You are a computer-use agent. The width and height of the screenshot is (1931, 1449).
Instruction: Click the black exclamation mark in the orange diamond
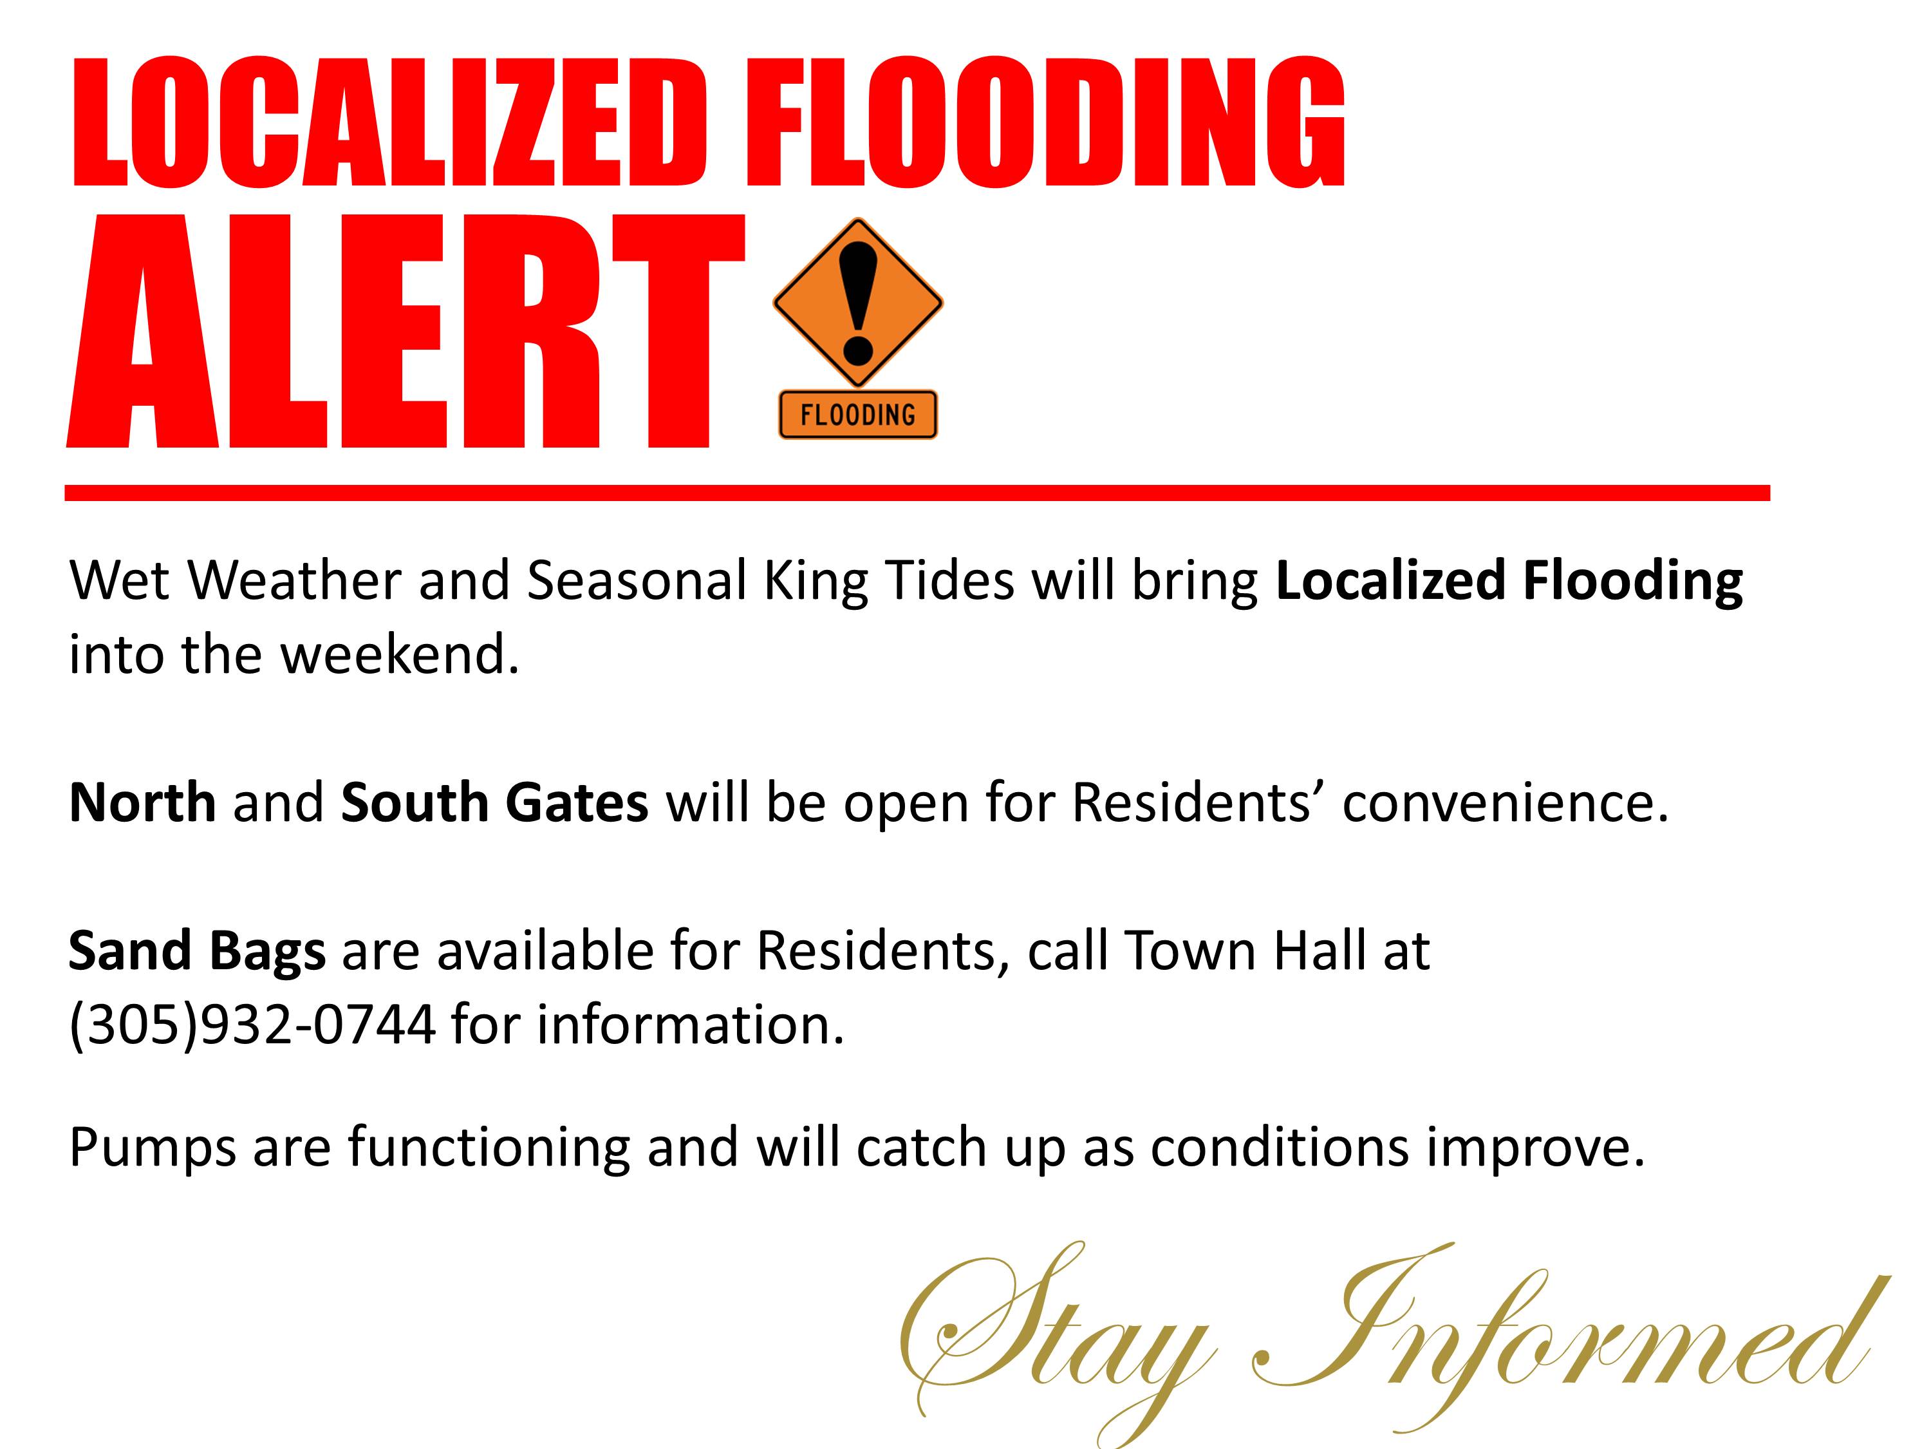[858, 302]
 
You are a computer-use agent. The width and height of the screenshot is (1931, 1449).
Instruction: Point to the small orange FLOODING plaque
[857, 414]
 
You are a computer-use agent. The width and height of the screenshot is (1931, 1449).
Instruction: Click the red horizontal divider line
[917, 493]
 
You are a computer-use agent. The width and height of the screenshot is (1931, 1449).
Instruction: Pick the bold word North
[142, 801]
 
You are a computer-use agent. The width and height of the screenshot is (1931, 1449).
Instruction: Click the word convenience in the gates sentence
[1505, 801]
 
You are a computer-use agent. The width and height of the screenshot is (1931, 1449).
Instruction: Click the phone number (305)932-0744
[252, 1025]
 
